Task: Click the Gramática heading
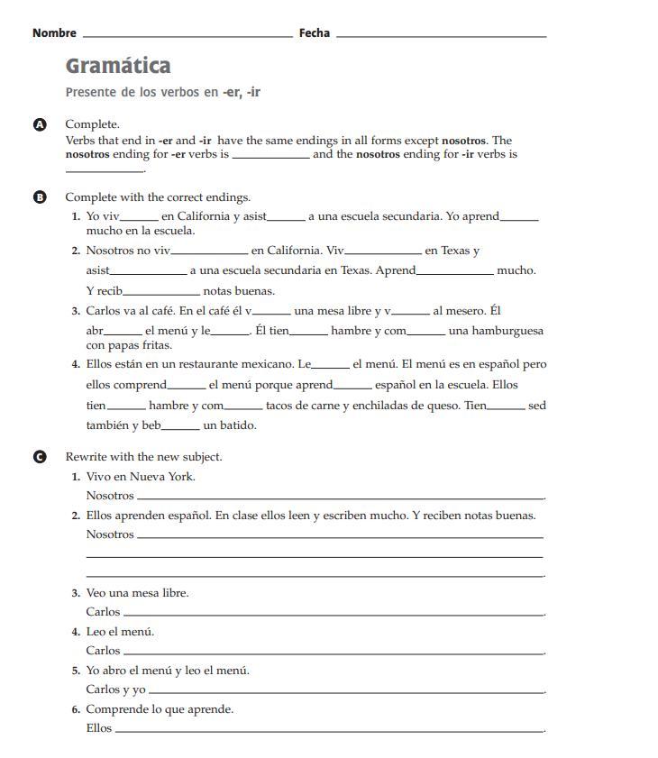coord(118,66)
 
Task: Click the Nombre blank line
coord(187,36)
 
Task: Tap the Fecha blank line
coord(441,36)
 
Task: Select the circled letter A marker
coord(40,124)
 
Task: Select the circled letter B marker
coord(40,197)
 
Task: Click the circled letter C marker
coord(40,457)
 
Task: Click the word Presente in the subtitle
coord(91,92)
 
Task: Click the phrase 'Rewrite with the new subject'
coord(143,457)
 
